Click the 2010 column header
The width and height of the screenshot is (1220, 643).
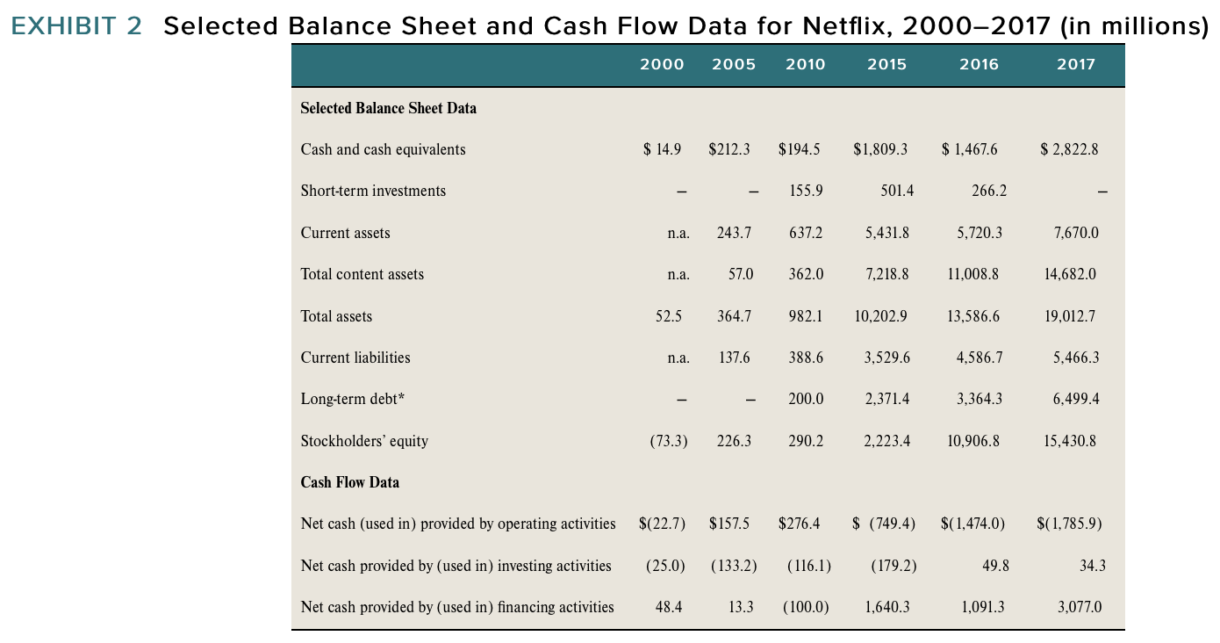point(805,64)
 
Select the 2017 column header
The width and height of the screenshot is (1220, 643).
point(1076,64)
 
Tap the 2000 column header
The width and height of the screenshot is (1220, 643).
point(662,64)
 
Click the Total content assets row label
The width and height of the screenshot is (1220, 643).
point(362,274)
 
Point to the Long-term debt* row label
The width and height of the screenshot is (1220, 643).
point(353,399)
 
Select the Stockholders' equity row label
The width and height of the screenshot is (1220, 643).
point(364,441)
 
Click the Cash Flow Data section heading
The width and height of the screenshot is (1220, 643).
point(349,482)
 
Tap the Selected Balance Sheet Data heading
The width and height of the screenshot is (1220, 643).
point(388,108)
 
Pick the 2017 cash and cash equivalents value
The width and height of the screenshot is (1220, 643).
point(1069,149)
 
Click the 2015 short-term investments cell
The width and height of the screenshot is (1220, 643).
point(895,191)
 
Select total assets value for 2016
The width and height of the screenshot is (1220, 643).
point(973,316)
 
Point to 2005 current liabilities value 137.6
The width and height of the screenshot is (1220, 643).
point(734,358)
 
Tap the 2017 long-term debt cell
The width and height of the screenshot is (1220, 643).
point(1075,399)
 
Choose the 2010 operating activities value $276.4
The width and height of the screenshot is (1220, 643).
point(799,524)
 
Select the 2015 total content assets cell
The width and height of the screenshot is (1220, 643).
point(886,274)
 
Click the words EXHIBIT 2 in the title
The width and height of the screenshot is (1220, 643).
point(76,26)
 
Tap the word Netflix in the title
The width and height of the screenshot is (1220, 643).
point(835,26)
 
